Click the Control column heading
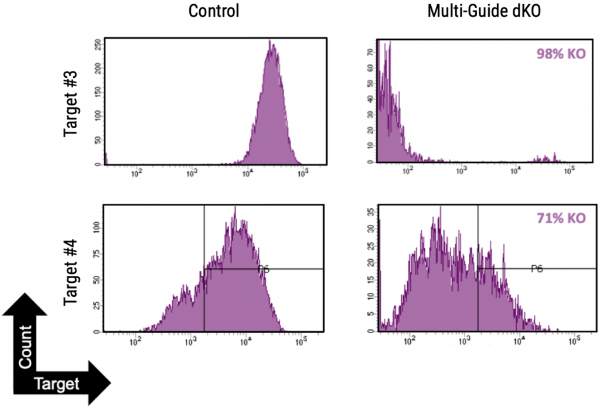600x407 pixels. click(x=213, y=12)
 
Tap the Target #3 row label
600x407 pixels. click(x=71, y=103)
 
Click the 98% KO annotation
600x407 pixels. click(x=561, y=54)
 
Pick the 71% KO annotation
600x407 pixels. click(x=561, y=219)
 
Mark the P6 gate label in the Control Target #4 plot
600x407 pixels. click(x=264, y=269)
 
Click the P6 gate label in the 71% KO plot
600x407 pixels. click(x=537, y=269)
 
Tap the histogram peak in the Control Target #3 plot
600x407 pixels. click(x=270, y=43)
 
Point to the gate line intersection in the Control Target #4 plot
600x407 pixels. click(x=204, y=269)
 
